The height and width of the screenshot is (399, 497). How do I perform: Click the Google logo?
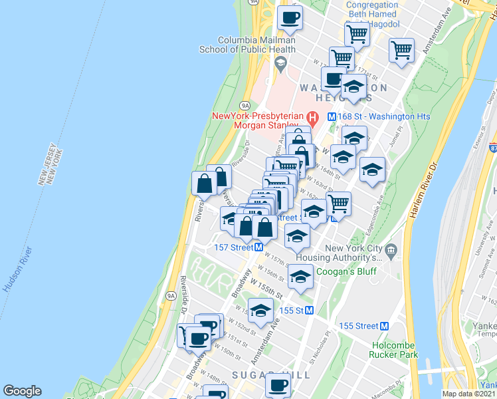pyautogui.click(x=22, y=391)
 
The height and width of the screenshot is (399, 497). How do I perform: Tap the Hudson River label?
pyautogui.click(x=18, y=269)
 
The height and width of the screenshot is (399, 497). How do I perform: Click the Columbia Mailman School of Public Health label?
pyautogui.click(x=248, y=44)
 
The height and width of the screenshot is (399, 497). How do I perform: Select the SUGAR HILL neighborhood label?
pyautogui.click(x=270, y=376)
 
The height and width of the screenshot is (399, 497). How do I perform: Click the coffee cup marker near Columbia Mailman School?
pyautogui.click(x=289, y=18)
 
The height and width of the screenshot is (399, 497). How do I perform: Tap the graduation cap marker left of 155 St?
pyautogui.click(x=260, y=310)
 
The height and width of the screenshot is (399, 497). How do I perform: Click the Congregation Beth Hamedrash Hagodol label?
pyautogui.click(x=372, y=13)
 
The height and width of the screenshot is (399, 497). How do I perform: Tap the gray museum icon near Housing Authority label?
pyautogui.click(x=391, y=252)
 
